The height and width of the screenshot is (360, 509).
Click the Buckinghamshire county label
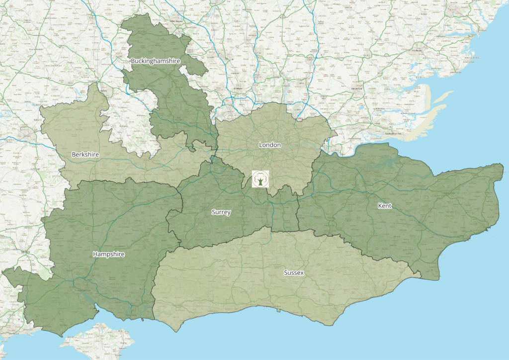(x=155, y=61)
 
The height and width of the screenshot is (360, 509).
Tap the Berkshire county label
(x=85, y=155)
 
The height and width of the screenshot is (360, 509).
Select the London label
(x=270, y=145)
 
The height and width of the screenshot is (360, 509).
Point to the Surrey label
(x=221, y=212)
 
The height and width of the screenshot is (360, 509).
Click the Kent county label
(x=385, y=205)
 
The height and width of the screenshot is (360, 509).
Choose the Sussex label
(x=294, y=273)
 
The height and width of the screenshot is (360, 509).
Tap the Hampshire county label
(x=108, y=254)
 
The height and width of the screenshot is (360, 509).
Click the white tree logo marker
(x=260, y=179)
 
